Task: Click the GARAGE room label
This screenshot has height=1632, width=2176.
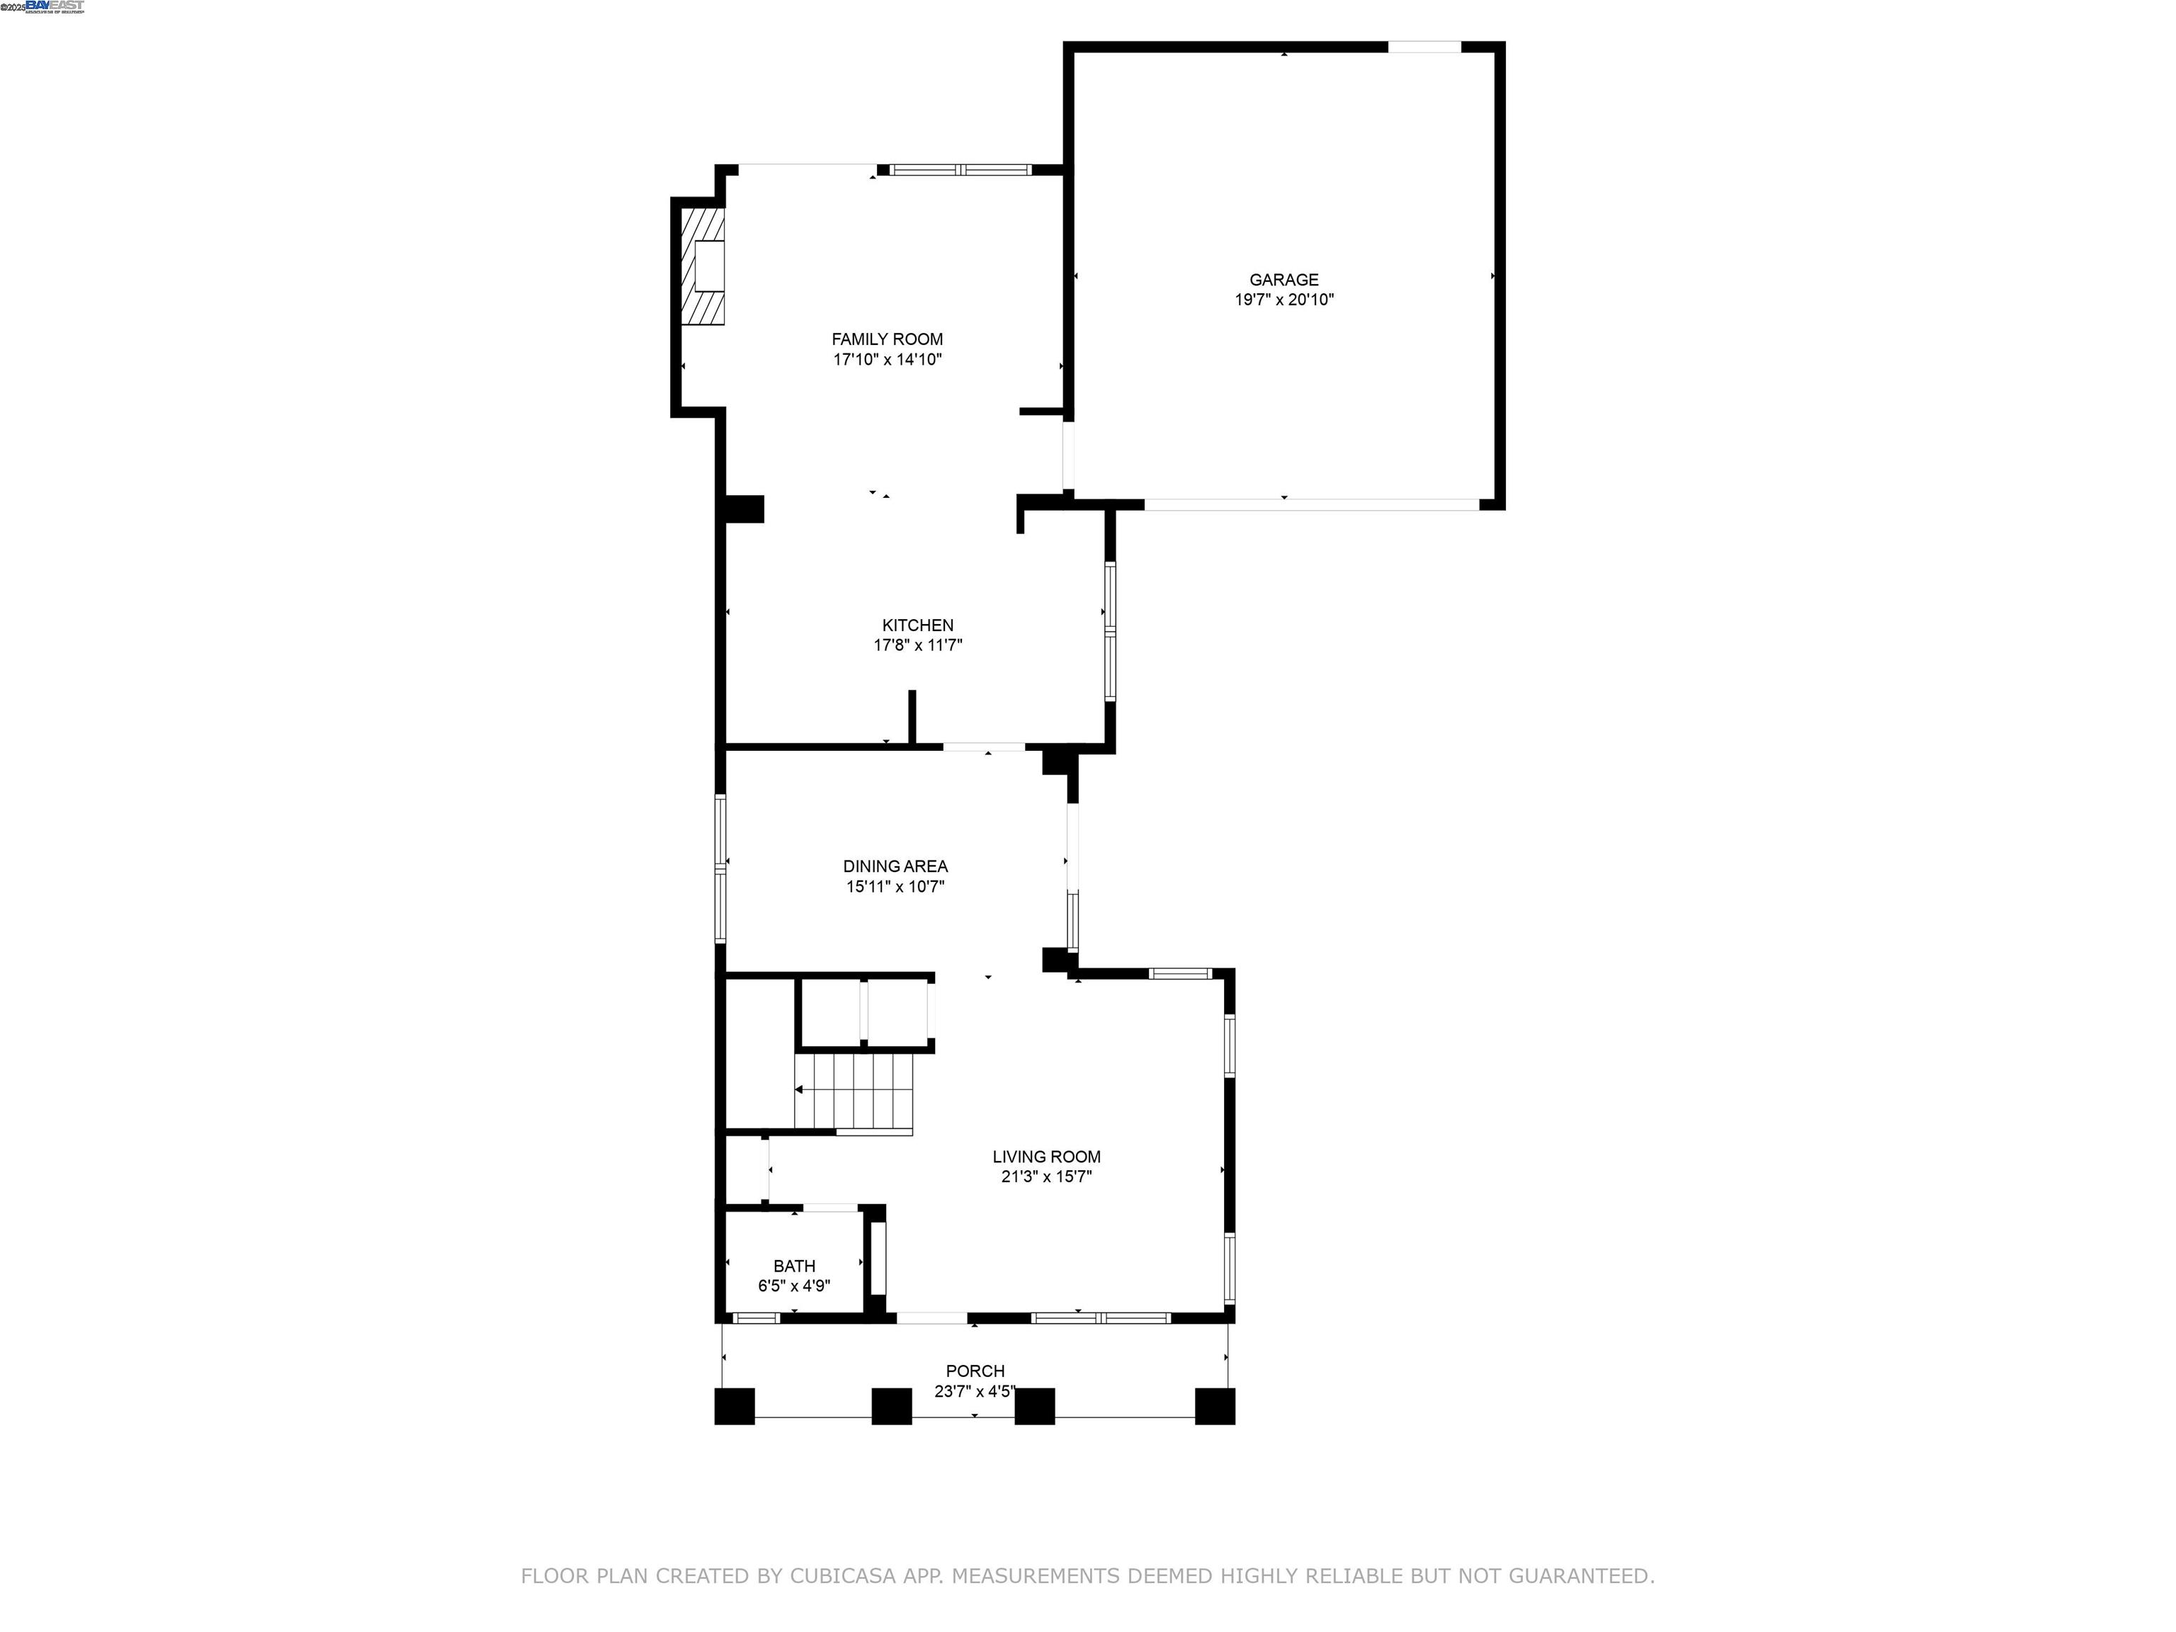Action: [1283, 279]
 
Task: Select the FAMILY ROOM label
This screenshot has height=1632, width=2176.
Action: [886, 339]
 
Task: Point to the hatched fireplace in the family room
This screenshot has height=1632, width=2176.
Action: [703, 266]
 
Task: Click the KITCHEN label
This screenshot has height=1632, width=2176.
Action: [917, 625]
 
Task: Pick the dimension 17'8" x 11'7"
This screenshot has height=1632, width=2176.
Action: [917, 645]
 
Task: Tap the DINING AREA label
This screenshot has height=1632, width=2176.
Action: [894, 866]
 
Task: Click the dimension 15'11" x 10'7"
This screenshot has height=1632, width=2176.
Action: [894, 886]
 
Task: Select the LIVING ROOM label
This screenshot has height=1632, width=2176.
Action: [1045, 1157]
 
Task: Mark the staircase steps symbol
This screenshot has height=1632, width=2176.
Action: [854, 1090]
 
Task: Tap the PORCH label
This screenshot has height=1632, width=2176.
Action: [974, 1371]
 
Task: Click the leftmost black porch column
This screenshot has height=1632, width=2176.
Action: [734, 1406]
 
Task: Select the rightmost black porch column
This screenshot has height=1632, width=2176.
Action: [1214, 1406]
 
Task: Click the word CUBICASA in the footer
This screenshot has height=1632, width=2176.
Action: [842, 1576]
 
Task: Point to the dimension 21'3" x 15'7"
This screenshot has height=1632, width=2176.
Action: [1045, 1177]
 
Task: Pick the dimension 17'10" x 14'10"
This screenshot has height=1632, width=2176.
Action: [886, 360]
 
